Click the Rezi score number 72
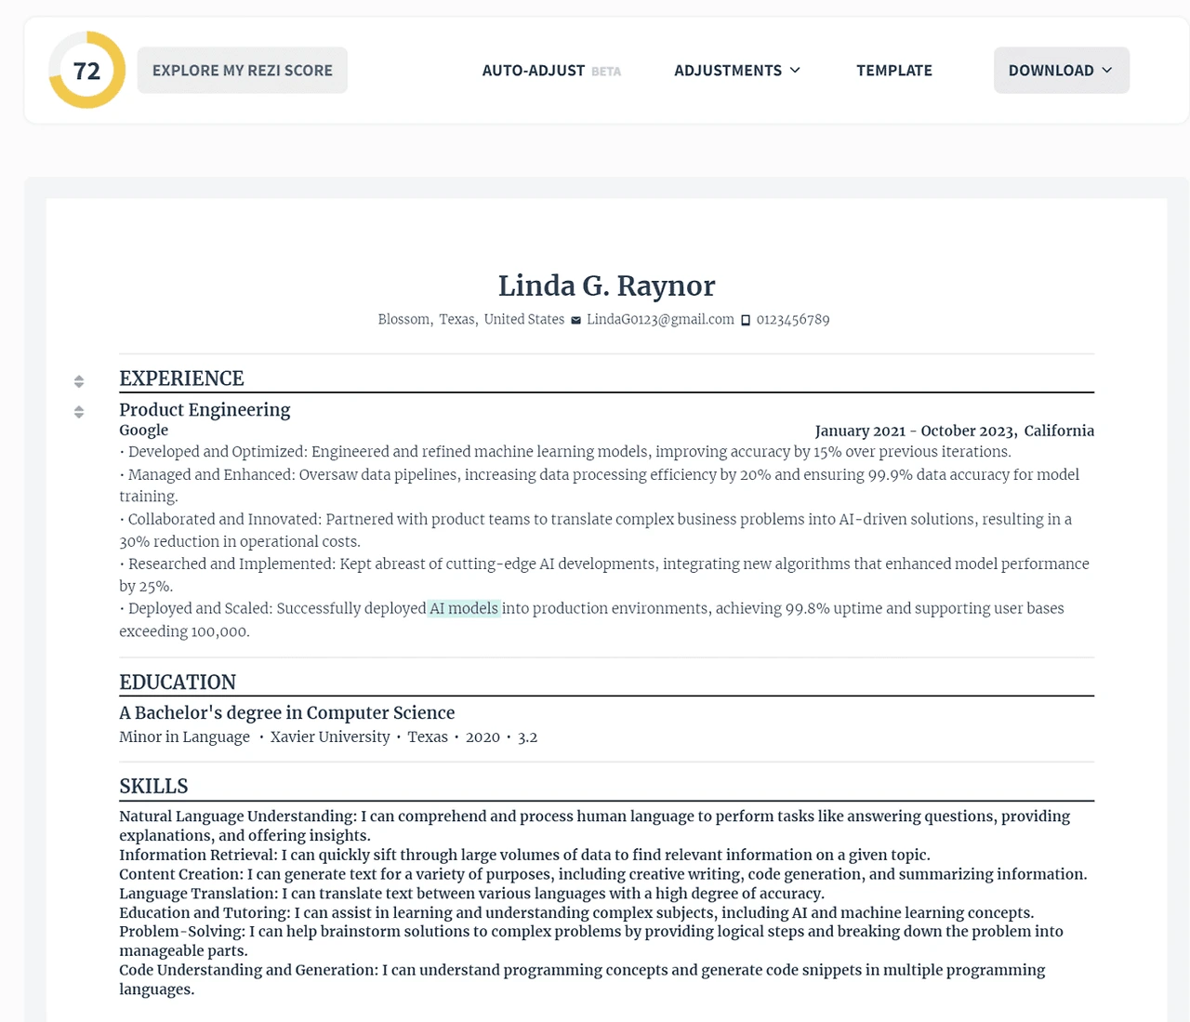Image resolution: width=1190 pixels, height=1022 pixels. coord(86,71)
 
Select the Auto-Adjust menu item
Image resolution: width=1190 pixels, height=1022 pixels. coord(534,71)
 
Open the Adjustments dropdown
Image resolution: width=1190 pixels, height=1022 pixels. coord(737,71)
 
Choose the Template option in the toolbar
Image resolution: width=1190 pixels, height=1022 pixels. coord(894,71)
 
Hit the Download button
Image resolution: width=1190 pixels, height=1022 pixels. coord(1061,71)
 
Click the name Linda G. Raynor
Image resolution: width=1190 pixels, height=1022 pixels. coord(606,285)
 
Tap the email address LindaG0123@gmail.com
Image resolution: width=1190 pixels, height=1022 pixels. coord(660,320)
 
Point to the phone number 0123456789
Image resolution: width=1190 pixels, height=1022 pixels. coord(792,320)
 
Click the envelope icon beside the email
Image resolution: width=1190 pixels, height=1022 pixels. coord(576,320)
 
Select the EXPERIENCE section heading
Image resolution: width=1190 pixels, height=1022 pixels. coord(181,378)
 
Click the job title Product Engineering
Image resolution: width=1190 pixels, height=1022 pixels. coord(205,410)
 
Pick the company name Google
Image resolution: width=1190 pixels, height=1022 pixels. coord(143,431)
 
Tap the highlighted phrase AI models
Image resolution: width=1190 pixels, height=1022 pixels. coord(464,609)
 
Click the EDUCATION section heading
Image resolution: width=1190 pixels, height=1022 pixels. coord(178,683)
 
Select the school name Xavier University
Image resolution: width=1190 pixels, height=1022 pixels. coord(330,737)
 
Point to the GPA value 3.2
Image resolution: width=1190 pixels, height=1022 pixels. coord(527,737)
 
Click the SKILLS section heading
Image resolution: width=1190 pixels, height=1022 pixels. coord(153,787)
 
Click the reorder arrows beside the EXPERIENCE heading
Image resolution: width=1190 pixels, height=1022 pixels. coord(79,381)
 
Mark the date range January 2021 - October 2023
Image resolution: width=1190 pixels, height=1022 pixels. coord(915,431)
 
